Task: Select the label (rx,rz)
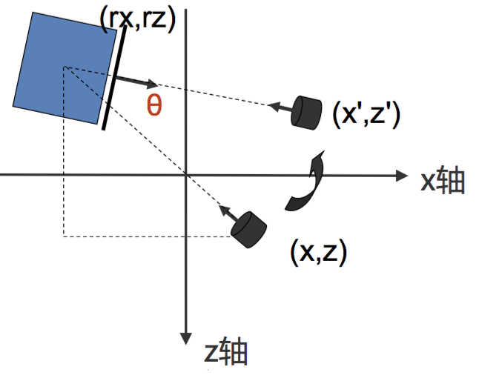coord(136,18)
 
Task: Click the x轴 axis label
coord(443,180)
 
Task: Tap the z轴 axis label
coord(225,354)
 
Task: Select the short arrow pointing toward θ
coord(136,79)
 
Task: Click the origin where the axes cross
coord(186,176)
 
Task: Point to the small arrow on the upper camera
coord(278,107)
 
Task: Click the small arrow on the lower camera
coord(227,214)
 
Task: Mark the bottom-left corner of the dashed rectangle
coord(63,236)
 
